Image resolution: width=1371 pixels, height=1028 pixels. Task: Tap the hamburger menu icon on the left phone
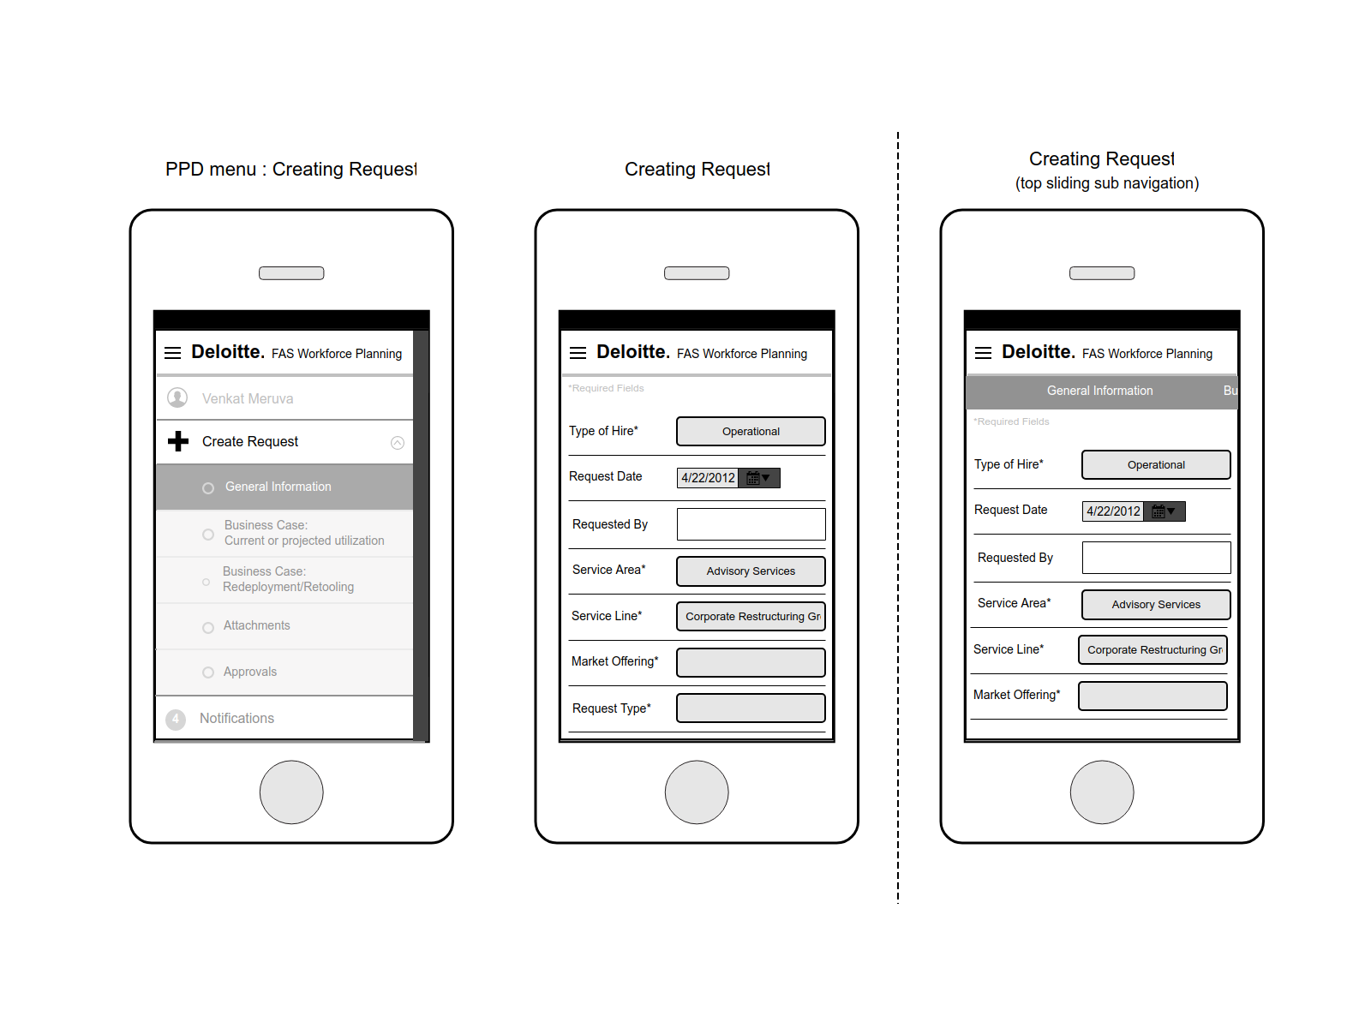pyautogui.click(x=172, y=353)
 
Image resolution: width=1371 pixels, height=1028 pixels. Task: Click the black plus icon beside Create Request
pyautogui.click(x=178, y=441)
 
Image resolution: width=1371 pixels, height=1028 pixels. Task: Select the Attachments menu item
pyautogui.click(x=256, y=625)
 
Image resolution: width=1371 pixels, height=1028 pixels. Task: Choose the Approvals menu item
pyautogui.click(x=250, y=672)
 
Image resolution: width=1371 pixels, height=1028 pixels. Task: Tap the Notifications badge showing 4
pyautogui.click(x=176, y=719)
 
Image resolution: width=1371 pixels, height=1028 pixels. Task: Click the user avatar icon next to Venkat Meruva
pyautogui.click(x=177, y=397)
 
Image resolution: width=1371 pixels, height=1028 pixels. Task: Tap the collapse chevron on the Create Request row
pyautogui.click(x=398, y=443)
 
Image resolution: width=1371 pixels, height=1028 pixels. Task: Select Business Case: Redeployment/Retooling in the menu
pyautogui.click(x=288, y=579)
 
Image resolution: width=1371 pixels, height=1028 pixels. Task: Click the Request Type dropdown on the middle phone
pyautogui.click(x=751, y=708)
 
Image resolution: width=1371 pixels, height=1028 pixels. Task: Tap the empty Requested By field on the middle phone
pyautogui.click(x=751, y=524)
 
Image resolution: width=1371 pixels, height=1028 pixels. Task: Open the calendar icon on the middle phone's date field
pyautogui.click(x=753, y=478)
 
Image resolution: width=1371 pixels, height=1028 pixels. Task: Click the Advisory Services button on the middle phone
pyautogui.click(x=751, y=571)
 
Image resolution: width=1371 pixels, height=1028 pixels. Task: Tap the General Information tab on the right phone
pyautogui.click(x=1099, y=391)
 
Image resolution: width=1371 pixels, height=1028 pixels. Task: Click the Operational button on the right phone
pyautogui.click(x=1156, y=465)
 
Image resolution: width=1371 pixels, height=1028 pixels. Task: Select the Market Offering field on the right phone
pyautogui.click(x=1153, y=696)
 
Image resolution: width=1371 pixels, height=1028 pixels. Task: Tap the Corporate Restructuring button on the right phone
pyautogui.click(x=1153, y=649)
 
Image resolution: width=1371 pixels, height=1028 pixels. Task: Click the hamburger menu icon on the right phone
pyautogui.click(x=983, y=353)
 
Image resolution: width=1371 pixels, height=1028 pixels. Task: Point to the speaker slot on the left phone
pyautogui.click(x=291, y=273)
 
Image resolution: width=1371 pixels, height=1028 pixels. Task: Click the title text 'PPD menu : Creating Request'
pyautogui.click(x=291, y=169)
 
